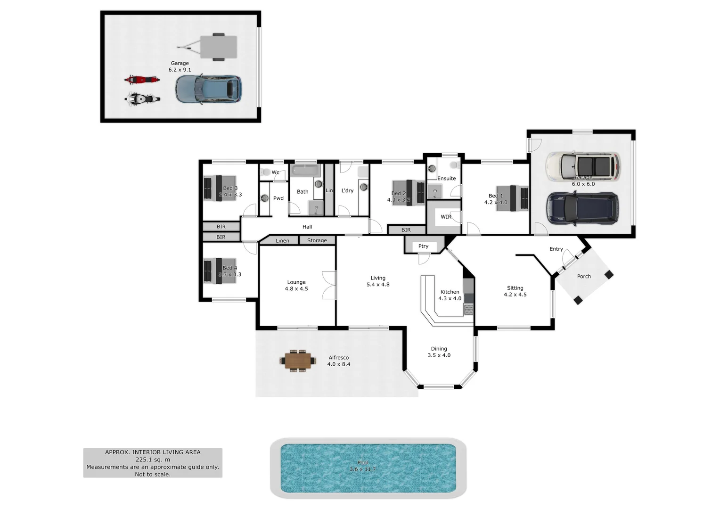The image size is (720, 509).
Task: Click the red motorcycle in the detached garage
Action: [141, 80]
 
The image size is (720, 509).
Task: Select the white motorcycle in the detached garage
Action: [142, 99]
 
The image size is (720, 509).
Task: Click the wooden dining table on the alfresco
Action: [298, 361]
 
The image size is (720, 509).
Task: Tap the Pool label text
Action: [362, 463]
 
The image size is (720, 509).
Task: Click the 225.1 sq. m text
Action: [153, 460]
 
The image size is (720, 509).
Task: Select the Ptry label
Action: [423, 246]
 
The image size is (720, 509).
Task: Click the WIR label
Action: [446, 217]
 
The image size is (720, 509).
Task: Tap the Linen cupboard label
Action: [282, 241]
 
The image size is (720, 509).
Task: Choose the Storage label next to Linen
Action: [317, 240]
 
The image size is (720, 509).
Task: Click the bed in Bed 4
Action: [220, 271]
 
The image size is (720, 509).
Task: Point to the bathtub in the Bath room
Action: [305, 170]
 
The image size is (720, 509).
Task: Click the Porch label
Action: [584, 277]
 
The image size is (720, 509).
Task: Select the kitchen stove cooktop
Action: [469, 309]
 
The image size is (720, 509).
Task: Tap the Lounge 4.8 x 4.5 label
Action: [296, 285]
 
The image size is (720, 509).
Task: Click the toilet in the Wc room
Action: [265, 172]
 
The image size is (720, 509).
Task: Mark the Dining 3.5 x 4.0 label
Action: [439, 352]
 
